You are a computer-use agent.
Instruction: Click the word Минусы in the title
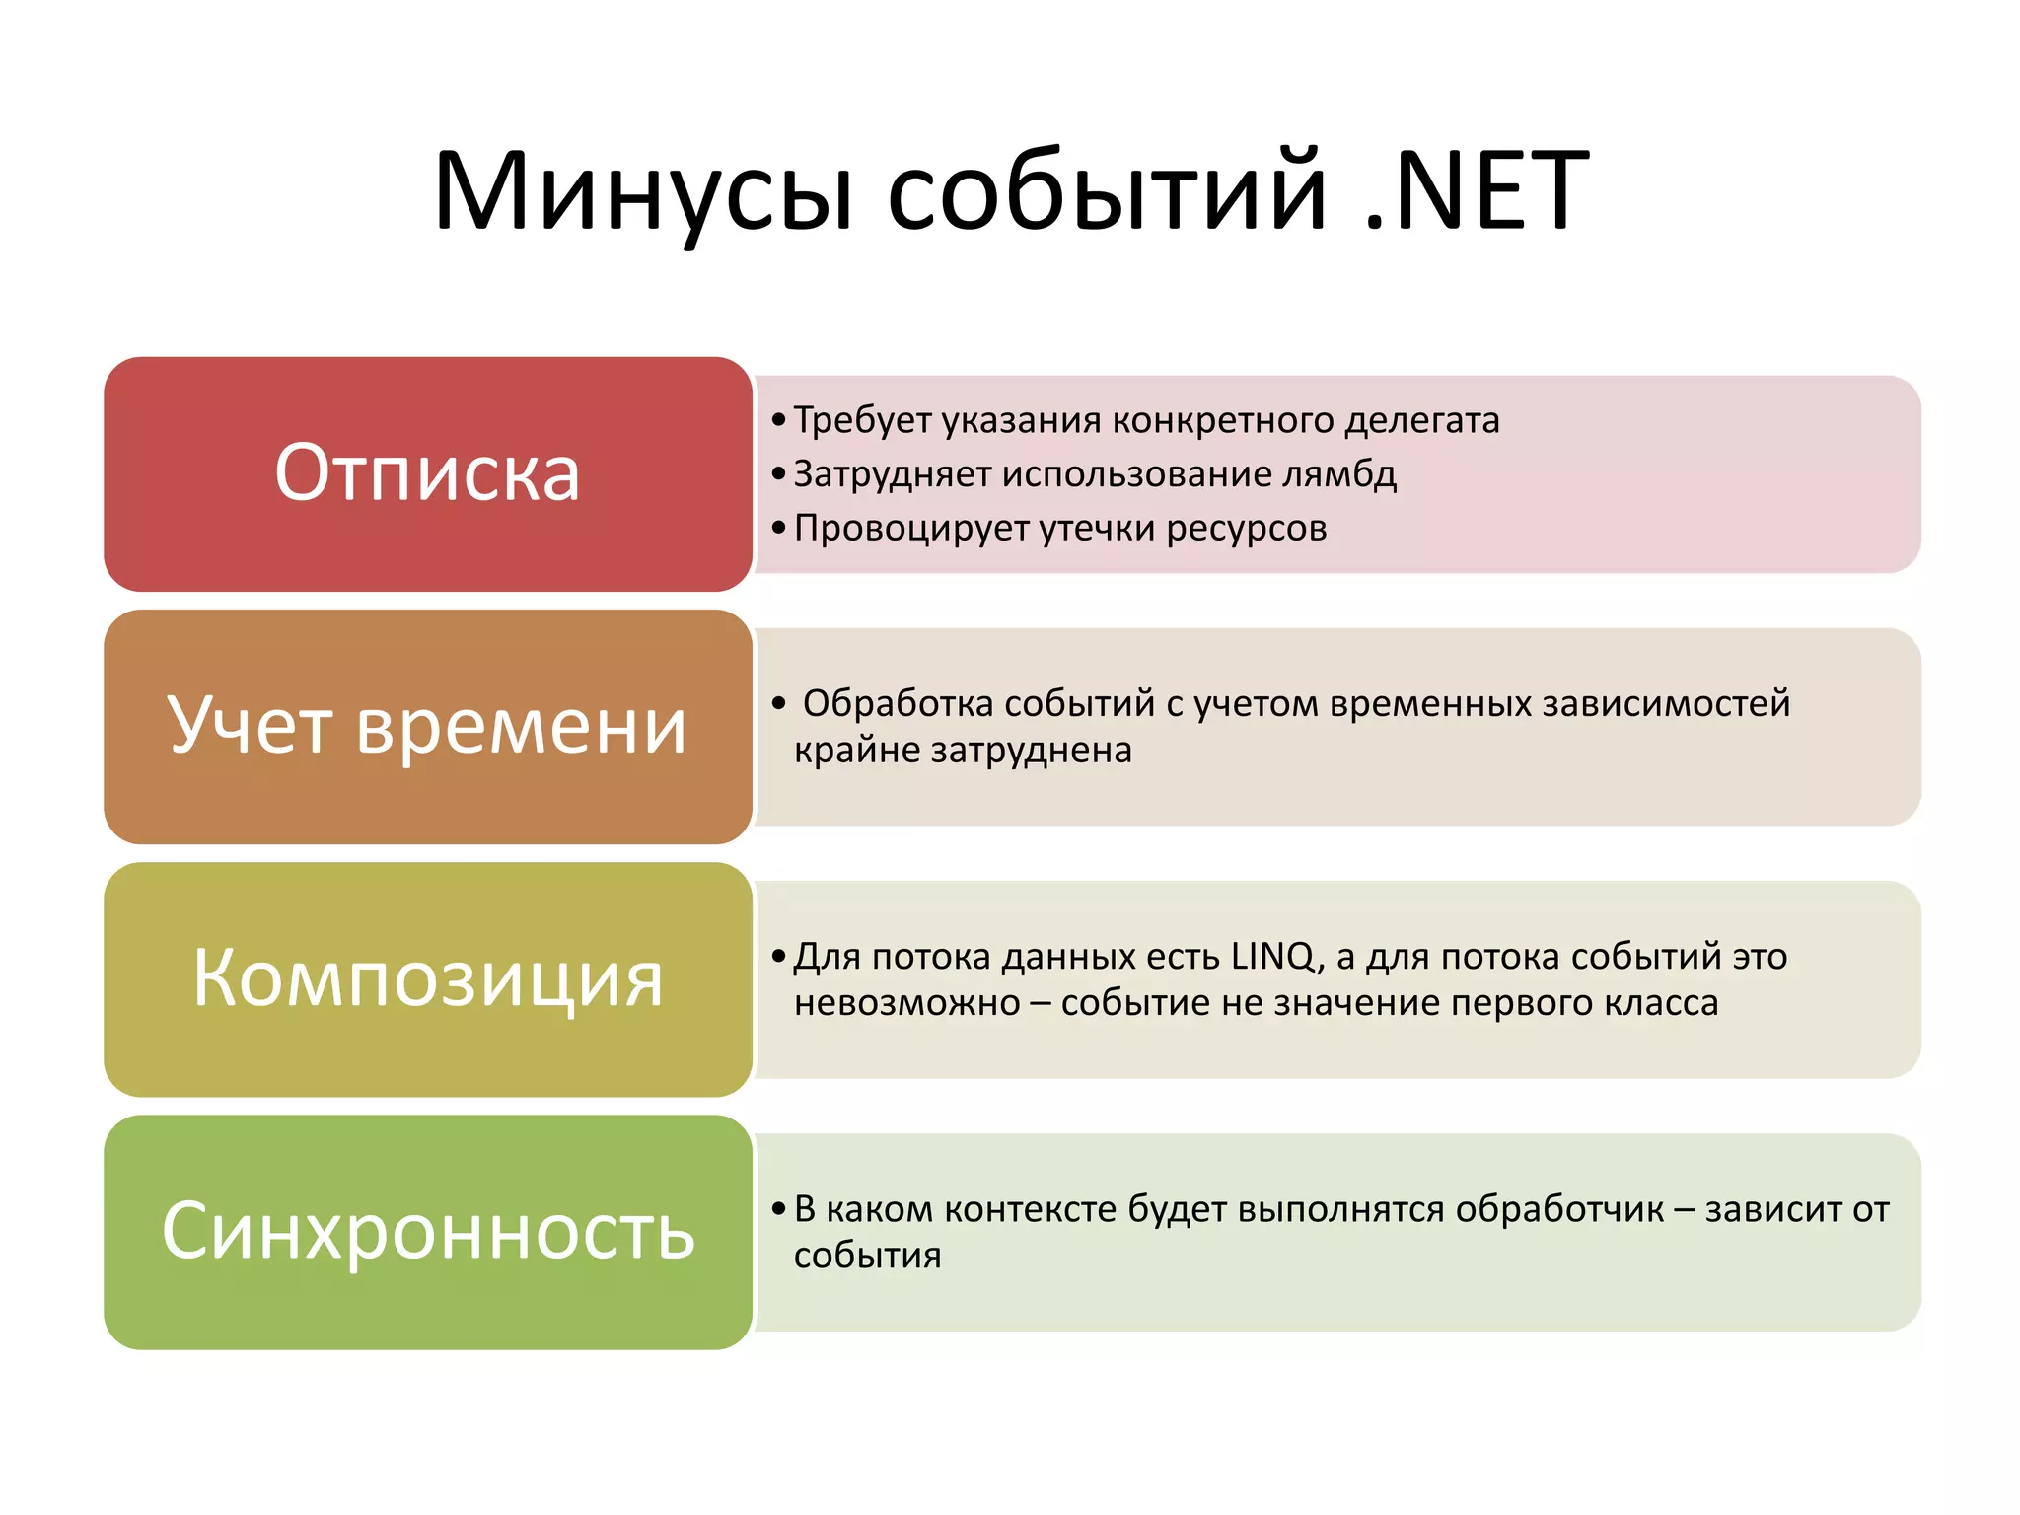tap(643, 192)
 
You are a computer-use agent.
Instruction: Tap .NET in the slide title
tap(1477, 192)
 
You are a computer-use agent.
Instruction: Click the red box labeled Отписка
tap(427, 473)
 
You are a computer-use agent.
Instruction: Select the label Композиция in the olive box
tap(427, 978)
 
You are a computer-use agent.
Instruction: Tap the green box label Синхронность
tap(427, 1231)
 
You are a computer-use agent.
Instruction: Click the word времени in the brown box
tap(520, 726)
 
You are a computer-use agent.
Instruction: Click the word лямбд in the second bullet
tap(1339, 474)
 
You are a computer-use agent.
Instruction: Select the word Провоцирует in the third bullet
tap(911, 529)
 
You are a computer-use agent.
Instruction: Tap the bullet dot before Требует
tap(779, 421)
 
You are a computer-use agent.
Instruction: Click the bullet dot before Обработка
tap(779, 704)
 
